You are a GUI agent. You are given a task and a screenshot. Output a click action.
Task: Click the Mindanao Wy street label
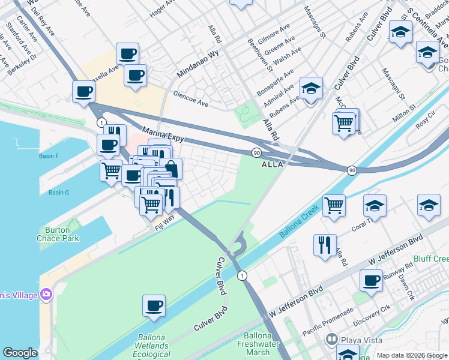point(197,62)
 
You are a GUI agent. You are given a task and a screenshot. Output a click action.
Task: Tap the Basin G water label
point(59,193)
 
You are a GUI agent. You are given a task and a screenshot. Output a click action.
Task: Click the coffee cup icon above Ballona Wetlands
point(154,305)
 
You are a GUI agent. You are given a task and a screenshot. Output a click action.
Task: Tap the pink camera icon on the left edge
point(46,294)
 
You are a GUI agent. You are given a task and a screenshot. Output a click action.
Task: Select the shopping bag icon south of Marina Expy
point(170,169)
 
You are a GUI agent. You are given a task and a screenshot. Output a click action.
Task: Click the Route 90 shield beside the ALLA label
point(256,153)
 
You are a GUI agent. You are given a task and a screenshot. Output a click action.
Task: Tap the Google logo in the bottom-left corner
point(20,353)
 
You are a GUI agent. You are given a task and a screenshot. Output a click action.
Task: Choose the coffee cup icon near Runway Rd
point(371,280)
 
